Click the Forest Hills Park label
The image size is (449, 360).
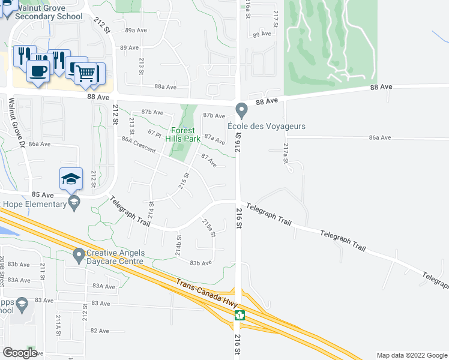(x=185, y=134)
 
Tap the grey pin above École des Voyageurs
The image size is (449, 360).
(x=242, y=110)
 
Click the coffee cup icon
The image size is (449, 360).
(x=37, y=70)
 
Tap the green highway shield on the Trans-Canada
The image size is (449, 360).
(x=240, y=315)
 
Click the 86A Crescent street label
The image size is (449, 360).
(x=139, y=145)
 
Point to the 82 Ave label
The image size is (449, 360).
(x=100, y=331)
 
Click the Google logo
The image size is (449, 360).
(x=20, y=353)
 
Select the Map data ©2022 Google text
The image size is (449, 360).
(x=411, y=355)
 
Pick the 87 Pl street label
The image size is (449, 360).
(x=155, y=134)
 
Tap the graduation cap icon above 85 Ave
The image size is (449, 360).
(x=70, y=178)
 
